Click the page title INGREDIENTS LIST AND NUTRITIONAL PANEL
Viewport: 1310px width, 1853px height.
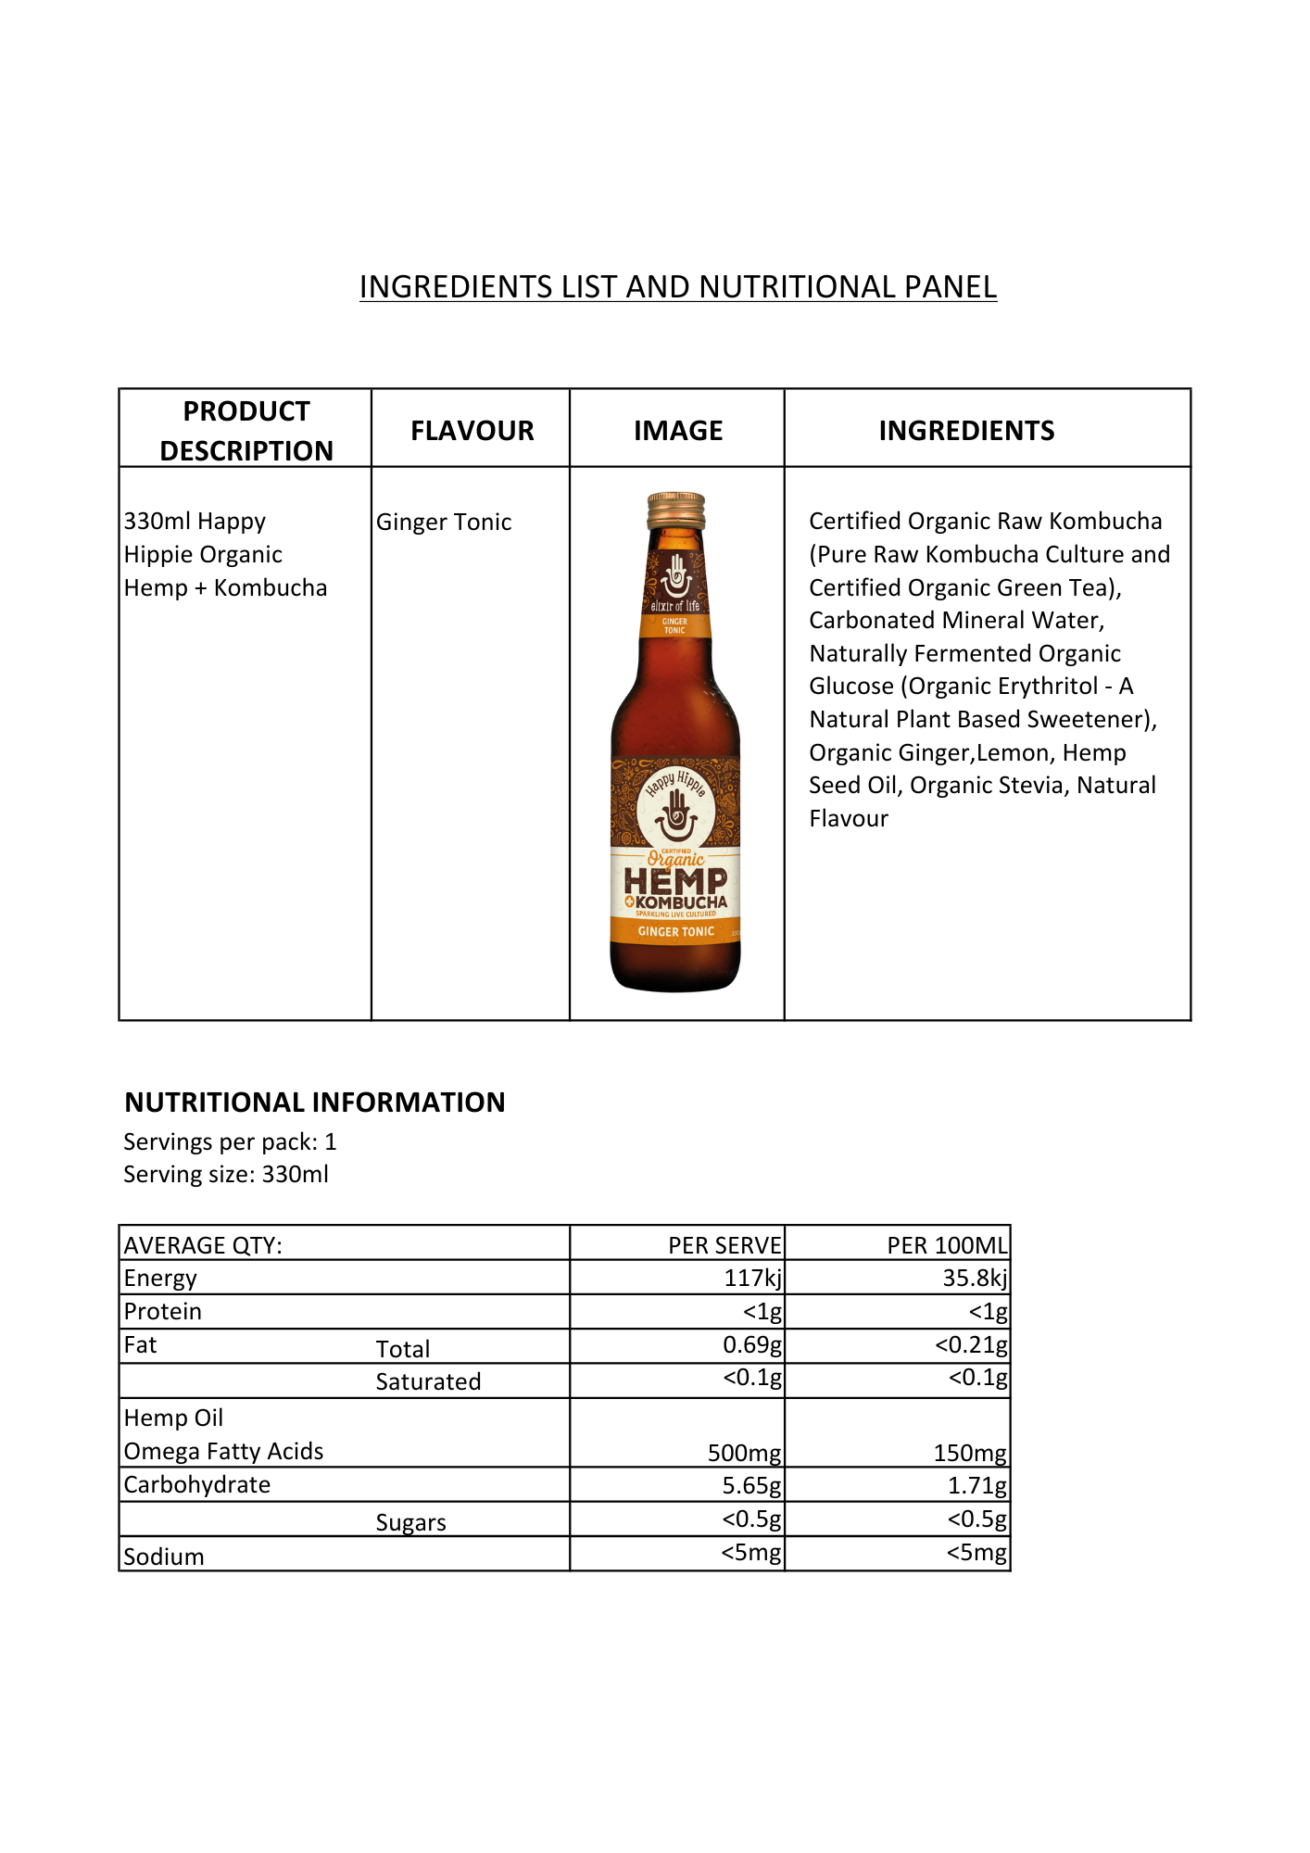pyautogui.click(x=677, y=287)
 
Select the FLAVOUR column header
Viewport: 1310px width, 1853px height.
pyautogui.click(x=472, y=431)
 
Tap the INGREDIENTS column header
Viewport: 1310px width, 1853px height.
pyautogui.click(x=966, y=431)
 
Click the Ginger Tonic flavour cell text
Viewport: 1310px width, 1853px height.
pyautogui.click(x=444, y=523)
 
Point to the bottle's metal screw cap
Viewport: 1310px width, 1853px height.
pyautogui.click(x=676, y=511)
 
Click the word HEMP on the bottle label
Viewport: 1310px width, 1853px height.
pyautogui.click(x=675, y=881)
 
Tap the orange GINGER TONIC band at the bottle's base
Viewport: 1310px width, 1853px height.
pyautogui.click(x=675, y=932)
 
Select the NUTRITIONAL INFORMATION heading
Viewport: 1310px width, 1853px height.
pyautogui.click(x=315, y=1103)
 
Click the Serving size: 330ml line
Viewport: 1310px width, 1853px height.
pyautogui.click(x=226, y=1175)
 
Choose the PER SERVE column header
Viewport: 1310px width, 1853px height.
pyautogui.click(x=724, y=1246)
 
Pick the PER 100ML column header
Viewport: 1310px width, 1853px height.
pyautogui.click(x=947, y=1246)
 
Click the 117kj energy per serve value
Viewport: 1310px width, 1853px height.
pyautogui.click(x=752, y=1279)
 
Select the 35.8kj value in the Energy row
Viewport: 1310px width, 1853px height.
pyautogui.click(x=975, y=1279)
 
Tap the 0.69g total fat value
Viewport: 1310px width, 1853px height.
pyautogui.click(x=751, y=1345)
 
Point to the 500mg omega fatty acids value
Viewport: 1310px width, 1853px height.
pyautogui.click(x=744, y=1453)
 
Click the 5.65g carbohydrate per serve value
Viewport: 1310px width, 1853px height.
pyautogui.click(x=751, y=1486)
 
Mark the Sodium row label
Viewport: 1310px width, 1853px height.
pyautogui.click(x=164, y=1557)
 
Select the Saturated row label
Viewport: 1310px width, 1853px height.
pyautogui.click(x=428, y=1382)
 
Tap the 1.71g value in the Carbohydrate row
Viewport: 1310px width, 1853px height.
pyautogui.click(x=976, y=1486)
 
